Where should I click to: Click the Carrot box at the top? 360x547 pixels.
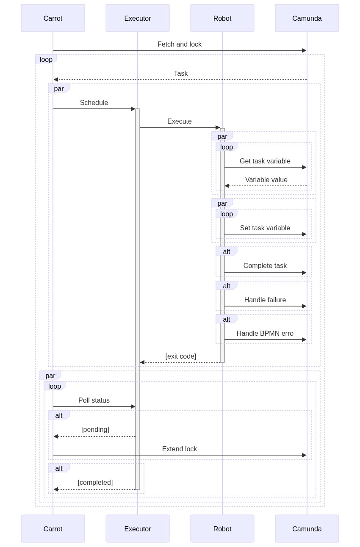(53, 18)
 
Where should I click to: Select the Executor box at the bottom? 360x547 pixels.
(138, 529)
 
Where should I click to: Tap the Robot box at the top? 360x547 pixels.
(222, 18)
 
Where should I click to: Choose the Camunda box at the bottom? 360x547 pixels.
(307, 529)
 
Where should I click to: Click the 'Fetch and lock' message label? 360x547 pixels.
(180, 44)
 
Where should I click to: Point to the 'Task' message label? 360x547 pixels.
(181, 74)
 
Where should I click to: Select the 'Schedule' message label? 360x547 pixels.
(94, 103)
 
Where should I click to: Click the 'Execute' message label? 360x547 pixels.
(180, 122)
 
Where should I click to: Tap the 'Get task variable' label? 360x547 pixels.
(265, 161)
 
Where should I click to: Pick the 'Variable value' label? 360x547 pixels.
(266, 180)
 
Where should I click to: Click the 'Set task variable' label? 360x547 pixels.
(265, 228)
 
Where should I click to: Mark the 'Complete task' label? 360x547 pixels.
(265, 266)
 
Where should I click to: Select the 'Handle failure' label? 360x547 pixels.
(265, 300)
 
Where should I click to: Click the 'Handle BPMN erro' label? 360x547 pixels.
(265, 334)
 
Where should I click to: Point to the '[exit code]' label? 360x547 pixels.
(181, 356)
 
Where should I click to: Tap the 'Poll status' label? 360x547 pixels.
(94, 401)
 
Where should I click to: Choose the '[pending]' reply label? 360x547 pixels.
(95, 430)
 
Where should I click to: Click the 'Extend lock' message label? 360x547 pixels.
(180, 449)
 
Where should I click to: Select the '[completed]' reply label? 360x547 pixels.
(95, 483)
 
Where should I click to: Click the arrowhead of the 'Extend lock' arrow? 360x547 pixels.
(304, 455)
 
